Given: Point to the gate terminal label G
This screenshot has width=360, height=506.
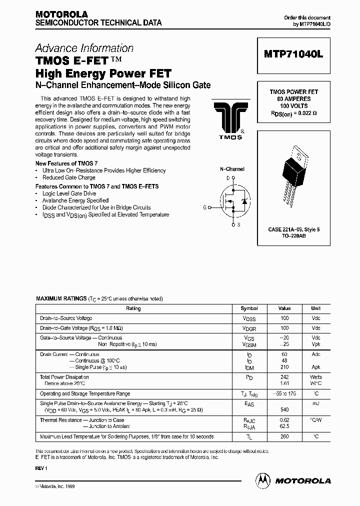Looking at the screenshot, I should pyautogui.click(x=204, y=206).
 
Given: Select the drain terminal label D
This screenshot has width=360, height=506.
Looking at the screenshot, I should pyautogui.click(x=228, y=178).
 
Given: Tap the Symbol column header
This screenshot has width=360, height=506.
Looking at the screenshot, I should pyautogui.click(x=249, y=308).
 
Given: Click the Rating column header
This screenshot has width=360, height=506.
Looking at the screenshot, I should pyautogui.click(x=133, y=308).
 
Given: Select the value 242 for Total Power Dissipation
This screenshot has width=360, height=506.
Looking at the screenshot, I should pyautogui.click(x=284, y=377).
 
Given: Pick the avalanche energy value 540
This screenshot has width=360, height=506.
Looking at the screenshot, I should pyautogui.click(x=284, y=409).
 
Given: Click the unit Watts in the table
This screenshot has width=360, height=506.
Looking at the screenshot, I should pyautogui.click(x=315, y=377).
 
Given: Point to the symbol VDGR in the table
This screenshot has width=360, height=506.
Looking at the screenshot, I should pyautogui.click(x=249, y=328).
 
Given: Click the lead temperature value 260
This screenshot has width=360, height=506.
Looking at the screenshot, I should pyautogui.click(x=284, y=436).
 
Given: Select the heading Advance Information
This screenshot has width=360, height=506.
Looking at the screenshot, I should pyautogui.click(x=84, y=48).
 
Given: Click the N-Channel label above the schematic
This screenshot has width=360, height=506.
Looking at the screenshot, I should pyautogui.click(x=232, y=169).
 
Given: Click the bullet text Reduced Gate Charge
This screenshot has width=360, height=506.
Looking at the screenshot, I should pyautogui.click(x=69, y=177).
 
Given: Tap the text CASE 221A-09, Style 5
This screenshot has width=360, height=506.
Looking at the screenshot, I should pyautogui.click(x=294, y=229).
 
